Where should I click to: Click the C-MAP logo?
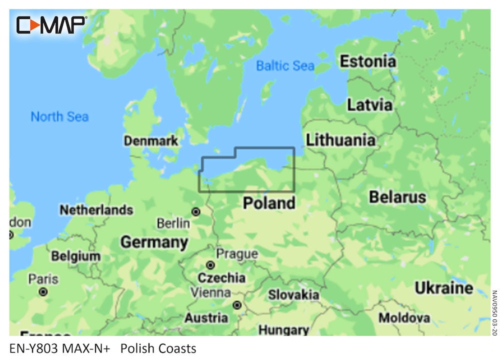coord(51,24)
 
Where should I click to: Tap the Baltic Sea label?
coord(285,65)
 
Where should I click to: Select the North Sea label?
coord(59,117)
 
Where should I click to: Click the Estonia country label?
coord(368,61)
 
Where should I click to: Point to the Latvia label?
coord(369,105)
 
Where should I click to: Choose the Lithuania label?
coord(340,140)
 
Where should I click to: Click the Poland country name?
coord(269,203)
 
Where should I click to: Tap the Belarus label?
coord(397,197)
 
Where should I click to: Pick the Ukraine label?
coord(443,288)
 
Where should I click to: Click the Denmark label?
coord(151,141)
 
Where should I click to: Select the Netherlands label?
coord(96,210)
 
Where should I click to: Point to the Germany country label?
coord(154,242)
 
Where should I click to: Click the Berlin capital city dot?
coord(196,212)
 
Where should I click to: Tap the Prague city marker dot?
coord(210,265)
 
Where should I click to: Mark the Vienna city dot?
coord(237,304)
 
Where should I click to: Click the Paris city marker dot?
coord(43,291)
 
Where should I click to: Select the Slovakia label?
coord(293,294)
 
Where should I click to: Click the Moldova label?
coord(404,317)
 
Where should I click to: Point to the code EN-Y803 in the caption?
coord(33,348)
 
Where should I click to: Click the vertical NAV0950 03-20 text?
coord(494,313)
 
